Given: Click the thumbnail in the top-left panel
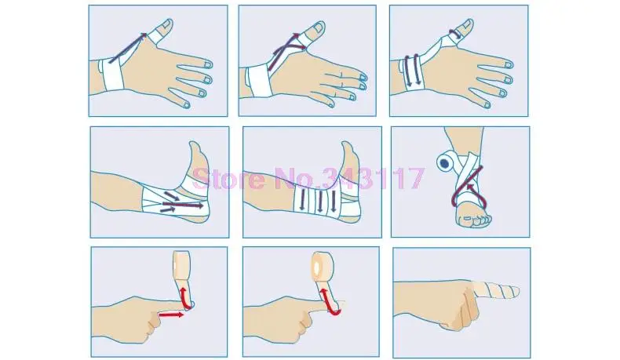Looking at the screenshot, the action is coord(166,25).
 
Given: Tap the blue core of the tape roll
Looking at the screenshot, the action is coord(445,163).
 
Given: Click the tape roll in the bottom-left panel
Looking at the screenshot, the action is coord(181,266).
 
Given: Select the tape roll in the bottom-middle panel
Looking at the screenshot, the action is coord(323,264).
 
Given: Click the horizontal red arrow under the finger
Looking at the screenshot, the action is coord(171,315).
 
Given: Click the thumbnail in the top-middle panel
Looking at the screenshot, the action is coord(318,27).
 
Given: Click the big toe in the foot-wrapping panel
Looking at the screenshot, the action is coord(486,219).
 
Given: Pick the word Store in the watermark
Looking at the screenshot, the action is coord(228,179).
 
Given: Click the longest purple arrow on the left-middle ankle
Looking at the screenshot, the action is coord(183,205).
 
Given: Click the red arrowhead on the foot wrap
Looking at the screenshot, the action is coord(470,186).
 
